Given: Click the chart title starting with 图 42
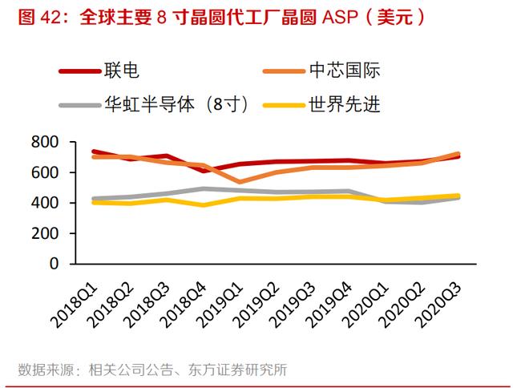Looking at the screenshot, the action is point(221,17).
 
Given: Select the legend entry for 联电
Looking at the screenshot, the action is point(99,71).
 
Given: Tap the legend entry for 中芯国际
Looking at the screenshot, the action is point(321,71).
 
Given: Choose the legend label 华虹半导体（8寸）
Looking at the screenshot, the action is point(154,105).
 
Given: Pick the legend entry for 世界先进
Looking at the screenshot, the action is point(321,105).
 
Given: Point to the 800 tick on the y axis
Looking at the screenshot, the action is point(45,142).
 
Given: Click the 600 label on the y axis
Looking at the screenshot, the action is point(45,172).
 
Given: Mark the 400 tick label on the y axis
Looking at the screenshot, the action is point(45,203).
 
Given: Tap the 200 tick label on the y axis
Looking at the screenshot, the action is point(45,233).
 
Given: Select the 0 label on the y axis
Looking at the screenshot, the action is point(54,264).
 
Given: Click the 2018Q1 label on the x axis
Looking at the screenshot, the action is point(75,305).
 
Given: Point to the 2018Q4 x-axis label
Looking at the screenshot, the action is point(184,305).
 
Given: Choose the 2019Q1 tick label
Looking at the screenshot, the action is point(221,305).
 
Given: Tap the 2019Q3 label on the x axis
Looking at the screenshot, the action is point(294,305).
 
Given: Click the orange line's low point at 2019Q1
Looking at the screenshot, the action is point(240,182).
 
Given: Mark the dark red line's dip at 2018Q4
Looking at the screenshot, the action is point(204,171).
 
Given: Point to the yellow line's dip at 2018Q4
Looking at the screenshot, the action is point(204,205).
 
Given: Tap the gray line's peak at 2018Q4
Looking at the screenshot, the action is point(204,188).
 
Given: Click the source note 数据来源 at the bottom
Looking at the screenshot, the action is point(152,370).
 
